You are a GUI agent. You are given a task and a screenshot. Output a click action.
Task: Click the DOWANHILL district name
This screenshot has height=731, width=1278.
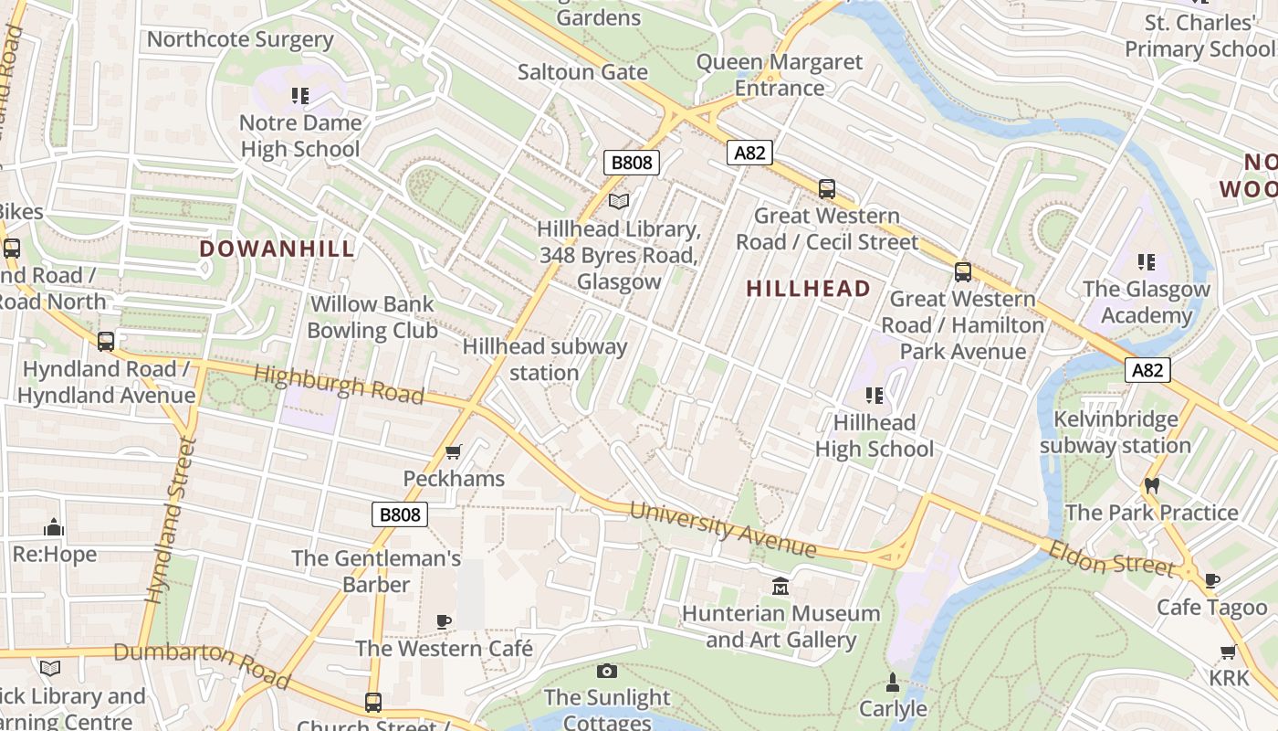(277, 249)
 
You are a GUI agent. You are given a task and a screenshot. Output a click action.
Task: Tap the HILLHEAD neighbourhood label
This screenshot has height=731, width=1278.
(808, 289)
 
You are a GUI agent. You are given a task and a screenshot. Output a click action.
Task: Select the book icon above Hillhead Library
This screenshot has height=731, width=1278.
(619, 201)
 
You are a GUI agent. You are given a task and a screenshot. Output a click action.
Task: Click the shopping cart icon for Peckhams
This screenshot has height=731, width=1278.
(453, 451)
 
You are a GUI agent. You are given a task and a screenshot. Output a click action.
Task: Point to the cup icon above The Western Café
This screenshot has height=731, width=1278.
(444, 621)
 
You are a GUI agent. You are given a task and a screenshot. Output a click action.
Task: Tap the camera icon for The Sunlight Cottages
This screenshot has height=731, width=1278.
(606, 672)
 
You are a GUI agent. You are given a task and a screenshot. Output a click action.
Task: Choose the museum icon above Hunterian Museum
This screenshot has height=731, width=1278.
(780, 586)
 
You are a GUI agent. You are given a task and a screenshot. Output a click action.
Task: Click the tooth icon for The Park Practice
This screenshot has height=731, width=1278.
(1151, 485)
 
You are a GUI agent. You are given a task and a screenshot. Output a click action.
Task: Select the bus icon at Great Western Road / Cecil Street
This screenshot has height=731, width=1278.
(827, 189)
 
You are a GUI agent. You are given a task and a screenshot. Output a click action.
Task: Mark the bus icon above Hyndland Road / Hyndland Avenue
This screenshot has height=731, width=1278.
(106, 342)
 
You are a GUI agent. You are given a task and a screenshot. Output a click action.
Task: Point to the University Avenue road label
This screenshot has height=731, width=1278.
(723, 528)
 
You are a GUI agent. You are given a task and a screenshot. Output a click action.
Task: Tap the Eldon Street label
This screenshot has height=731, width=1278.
(1112, 557)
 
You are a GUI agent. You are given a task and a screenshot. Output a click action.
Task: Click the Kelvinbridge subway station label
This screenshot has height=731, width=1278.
(1116, 432)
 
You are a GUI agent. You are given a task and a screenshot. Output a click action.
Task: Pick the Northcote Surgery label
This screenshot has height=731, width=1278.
(240, 39)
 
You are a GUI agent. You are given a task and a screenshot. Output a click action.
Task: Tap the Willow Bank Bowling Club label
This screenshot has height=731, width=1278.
(372, 317)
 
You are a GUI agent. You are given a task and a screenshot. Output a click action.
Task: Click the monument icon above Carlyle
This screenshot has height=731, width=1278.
(893, 682)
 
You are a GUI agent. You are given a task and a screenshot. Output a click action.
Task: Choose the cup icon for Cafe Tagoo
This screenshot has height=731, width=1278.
(1212, 580)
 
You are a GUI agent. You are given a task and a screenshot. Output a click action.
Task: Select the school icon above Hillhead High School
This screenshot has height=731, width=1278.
(875, 395)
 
